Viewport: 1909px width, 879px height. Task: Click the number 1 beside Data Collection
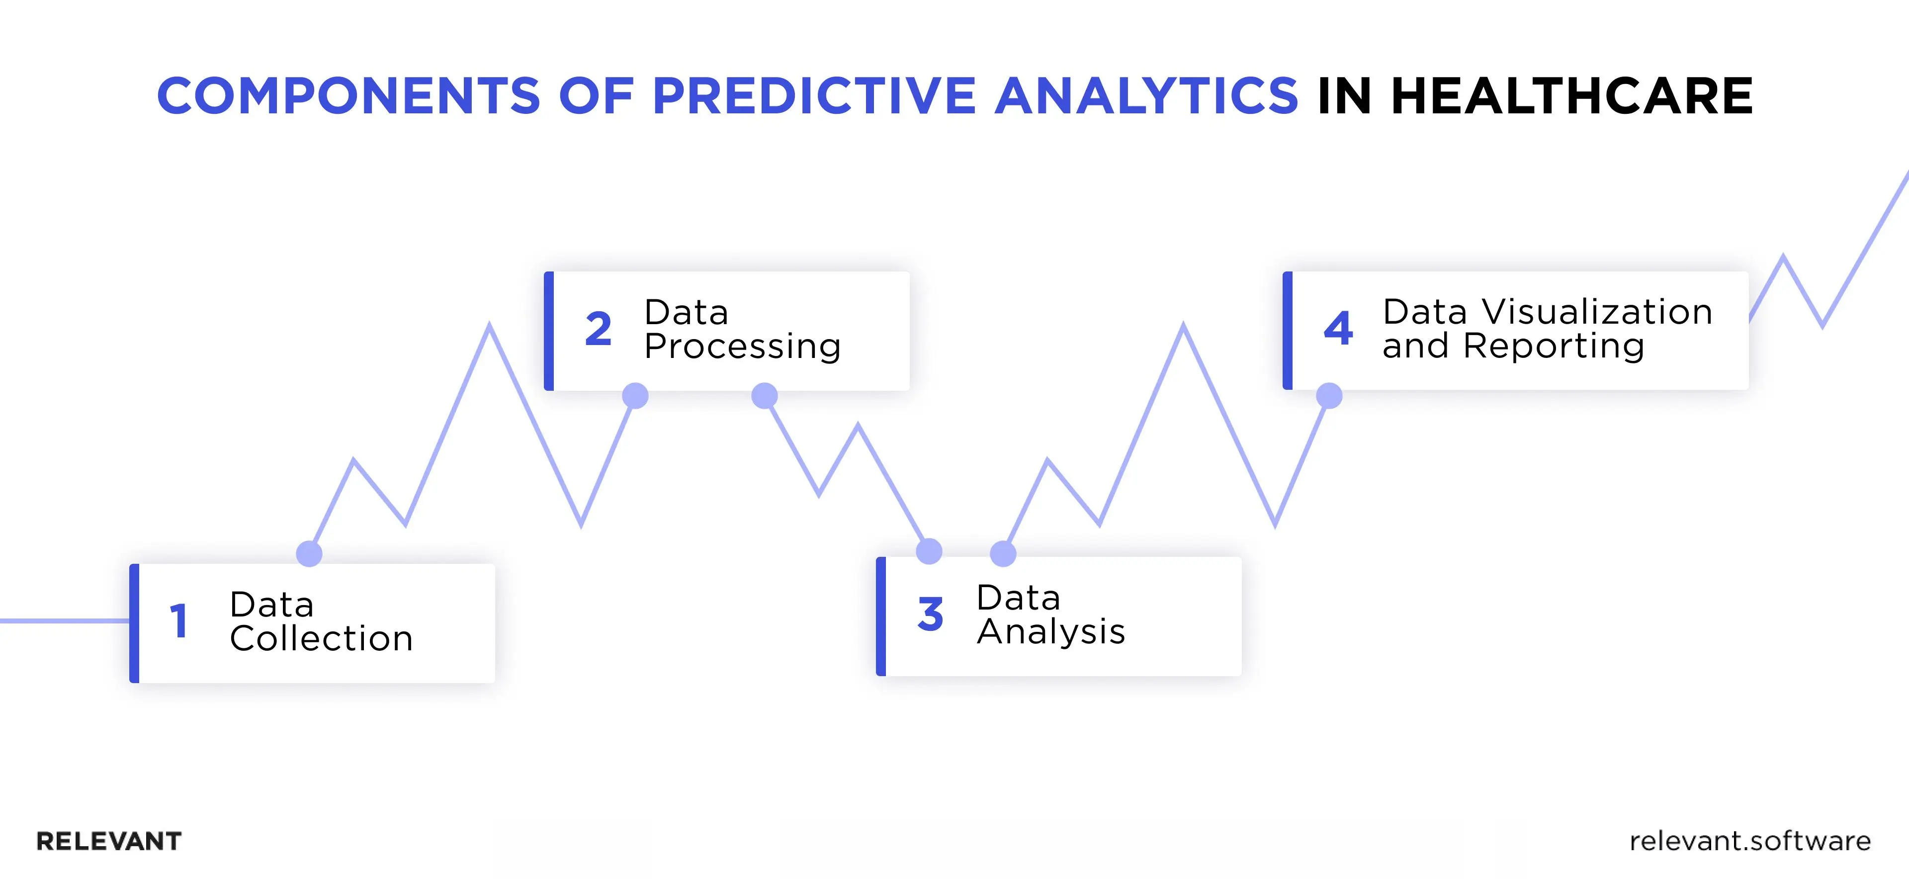point(178,621)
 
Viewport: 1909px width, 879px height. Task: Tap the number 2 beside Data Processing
point(598,330)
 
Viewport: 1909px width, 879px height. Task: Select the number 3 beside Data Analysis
point(930,615)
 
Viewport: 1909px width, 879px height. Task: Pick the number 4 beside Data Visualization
point(1338,328)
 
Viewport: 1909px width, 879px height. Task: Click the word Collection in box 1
point(321,639)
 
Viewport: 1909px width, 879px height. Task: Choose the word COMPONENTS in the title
point(348,96)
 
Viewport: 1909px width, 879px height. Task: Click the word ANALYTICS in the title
point(1146,96)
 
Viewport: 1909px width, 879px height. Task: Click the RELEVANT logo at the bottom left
point(109,841)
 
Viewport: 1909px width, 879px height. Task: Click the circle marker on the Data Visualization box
point(1329,396)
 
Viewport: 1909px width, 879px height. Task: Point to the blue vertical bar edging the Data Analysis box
point(881,616)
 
